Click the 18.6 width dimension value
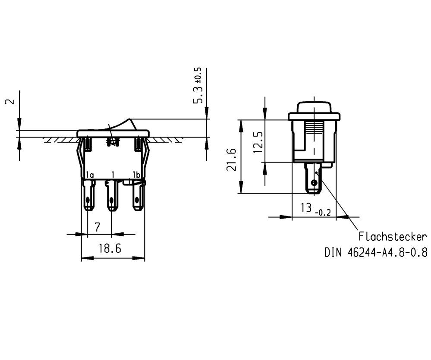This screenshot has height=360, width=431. click(110, 249)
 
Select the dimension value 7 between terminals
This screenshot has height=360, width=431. click(98, 227)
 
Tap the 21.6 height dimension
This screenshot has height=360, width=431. click(231, 160)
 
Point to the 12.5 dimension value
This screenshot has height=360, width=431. click(258, 142)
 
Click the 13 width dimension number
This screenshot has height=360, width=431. click(306, 208)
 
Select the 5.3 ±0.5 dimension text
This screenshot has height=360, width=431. click(198, 85)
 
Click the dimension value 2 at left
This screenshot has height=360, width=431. click(10, 101)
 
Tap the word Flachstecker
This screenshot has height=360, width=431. click(393, 236)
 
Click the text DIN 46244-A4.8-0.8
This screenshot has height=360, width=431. click(376, 252)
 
